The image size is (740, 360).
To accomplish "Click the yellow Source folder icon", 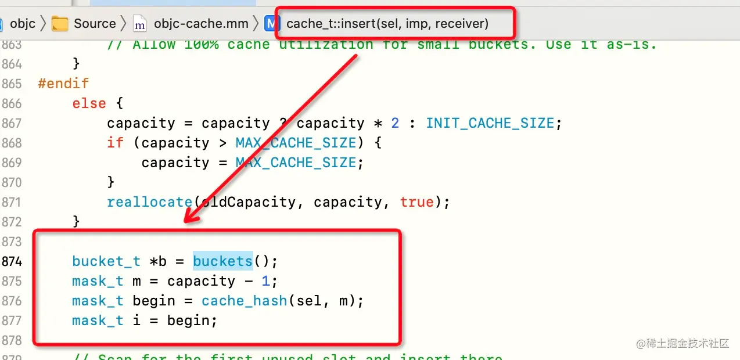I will coord(60,24).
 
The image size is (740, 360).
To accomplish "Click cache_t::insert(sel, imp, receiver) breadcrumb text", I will coord(387,24).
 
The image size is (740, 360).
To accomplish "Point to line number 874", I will coord(12,261).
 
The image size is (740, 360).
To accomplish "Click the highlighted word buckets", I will coord(222,261).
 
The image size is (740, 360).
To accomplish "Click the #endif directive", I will coord(63,84).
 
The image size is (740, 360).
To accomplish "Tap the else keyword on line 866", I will coord(89,103).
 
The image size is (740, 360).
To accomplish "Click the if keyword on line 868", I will coord(114,143).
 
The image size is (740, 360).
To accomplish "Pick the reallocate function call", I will coord(149,202).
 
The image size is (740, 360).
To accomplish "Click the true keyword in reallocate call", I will coord(416,202).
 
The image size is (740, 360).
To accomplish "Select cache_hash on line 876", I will coord(244,301).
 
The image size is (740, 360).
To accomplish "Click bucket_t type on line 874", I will coord(106,261).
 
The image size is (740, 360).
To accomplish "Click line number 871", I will coord(12,202).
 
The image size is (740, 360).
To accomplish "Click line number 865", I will coord(12,84).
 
